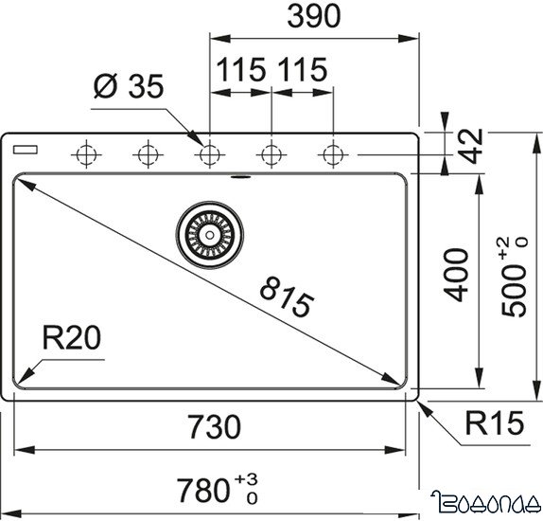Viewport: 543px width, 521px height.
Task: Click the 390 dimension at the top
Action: [313, 16]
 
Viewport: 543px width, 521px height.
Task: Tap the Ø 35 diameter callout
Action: [129, 86]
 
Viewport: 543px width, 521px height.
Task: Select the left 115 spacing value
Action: [240, 70]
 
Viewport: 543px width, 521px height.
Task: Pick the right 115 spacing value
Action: [302, 70]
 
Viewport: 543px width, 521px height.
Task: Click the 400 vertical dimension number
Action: [456, 275]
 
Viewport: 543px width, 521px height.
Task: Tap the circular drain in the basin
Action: [209, 233]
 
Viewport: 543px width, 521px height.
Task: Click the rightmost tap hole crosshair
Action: [332, 152]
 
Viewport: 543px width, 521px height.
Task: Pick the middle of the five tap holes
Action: [209, 152]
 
